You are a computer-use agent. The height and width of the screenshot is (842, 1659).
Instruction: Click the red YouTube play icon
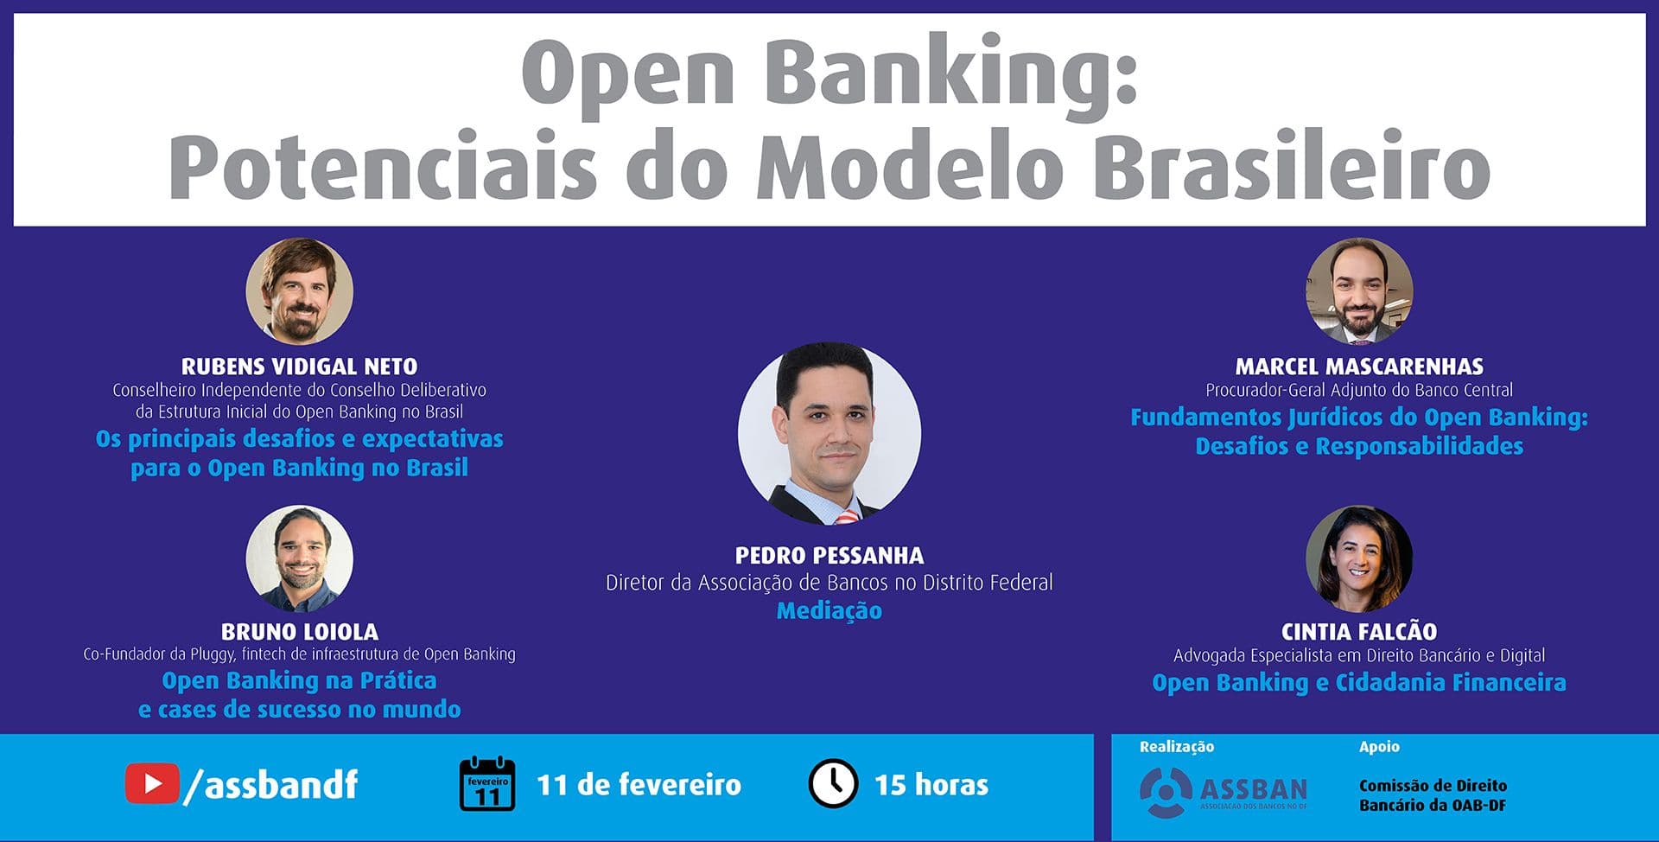point(152,784)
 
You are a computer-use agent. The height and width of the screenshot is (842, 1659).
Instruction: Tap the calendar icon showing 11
point(487,784)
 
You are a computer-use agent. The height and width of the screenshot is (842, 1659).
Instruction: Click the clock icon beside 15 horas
point(833,783)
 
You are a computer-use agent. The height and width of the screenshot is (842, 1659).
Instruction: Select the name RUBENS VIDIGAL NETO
point(300,367)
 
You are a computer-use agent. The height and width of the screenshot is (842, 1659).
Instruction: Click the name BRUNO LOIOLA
point(300,632)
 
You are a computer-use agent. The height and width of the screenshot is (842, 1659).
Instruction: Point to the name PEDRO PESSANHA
point(829,555)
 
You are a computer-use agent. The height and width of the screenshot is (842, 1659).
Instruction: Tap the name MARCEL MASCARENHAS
point(1359,367)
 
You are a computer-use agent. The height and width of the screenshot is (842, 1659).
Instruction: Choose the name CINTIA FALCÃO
point(1359,631)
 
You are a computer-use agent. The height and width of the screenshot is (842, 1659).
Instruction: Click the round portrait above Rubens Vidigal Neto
point(300,291)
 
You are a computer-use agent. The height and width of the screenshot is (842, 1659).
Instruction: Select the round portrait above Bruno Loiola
point(300,558)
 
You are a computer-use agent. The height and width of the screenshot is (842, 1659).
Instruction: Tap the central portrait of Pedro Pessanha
point(829,433)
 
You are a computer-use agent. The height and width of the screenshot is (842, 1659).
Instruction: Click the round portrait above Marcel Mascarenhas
point(1359,291)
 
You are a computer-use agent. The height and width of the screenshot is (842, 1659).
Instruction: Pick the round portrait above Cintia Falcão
point(1359,558)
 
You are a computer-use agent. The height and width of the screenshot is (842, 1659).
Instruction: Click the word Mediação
point(829,611)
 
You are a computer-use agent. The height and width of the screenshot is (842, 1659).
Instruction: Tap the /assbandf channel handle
point(271,784)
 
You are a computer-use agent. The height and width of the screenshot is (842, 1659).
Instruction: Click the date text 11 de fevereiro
point(639,785)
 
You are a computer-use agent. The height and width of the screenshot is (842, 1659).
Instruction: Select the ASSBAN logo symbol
point(1166,792)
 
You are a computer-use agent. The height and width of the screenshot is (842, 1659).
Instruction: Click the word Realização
point(1177,747)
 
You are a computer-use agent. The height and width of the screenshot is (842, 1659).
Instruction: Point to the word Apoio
point(1379,747)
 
